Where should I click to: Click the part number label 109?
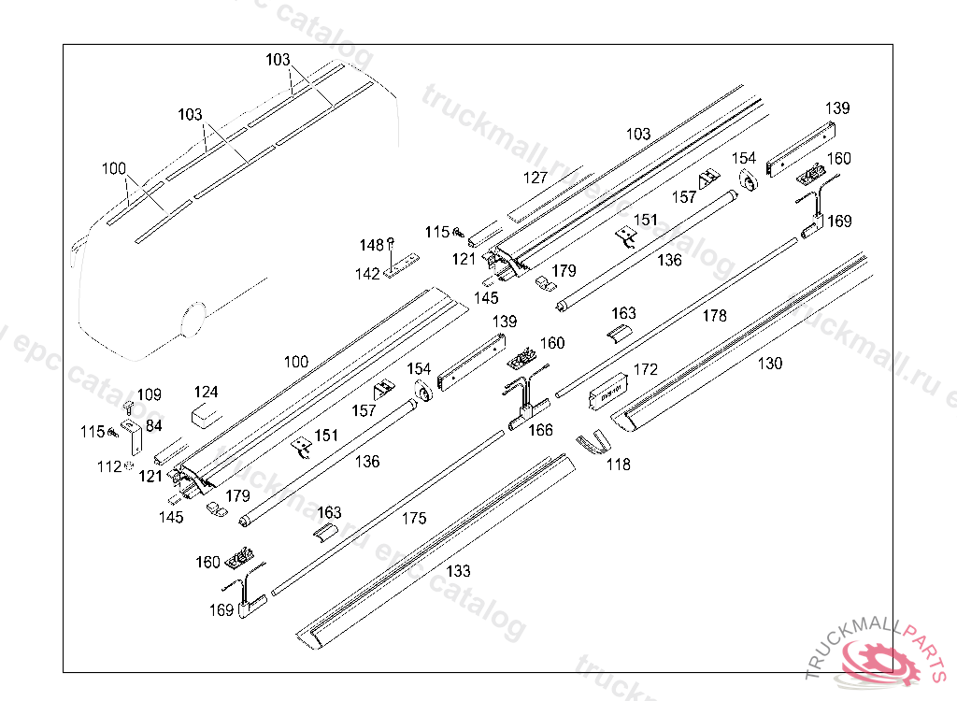(x=150, y=395)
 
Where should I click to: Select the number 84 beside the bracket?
(x=153, y=426)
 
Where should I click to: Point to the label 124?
(x=207, y=393)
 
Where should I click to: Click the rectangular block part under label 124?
(x=207, y=415)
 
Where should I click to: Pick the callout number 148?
(x=372, y=245)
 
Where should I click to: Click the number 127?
(x=536, y=177)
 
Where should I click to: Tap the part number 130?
(x=770, y=364)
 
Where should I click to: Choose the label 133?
(x=459, y=571)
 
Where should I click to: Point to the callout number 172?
(x=646, y=369)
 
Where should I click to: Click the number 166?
(x=541, y=431)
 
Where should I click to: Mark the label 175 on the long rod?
(x=414, y=518)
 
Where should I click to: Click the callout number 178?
(x=714, y=316)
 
